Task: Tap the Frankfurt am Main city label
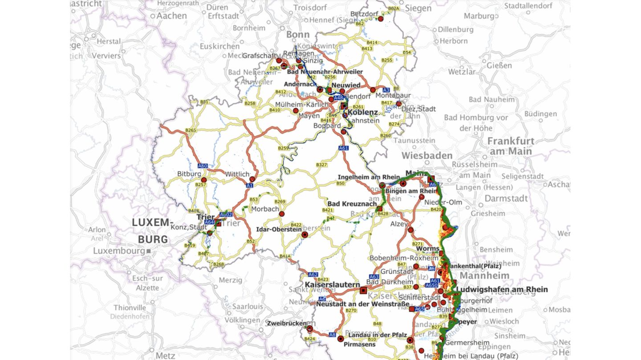[x=511, y=146]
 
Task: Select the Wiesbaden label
[x=427, y=156]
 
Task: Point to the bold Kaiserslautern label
[x=332, y=284]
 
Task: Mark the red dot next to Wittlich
[x=252, y=179]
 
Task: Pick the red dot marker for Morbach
[x=281, y=214]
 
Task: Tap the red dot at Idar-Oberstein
[x=304, y=235]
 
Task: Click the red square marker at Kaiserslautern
[x=363, y=291]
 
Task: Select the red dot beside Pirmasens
[x=341, y=339]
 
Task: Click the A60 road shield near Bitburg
[x=203, y=166]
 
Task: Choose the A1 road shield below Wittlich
[x=249, y=186]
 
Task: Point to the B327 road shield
[x=321, y=165]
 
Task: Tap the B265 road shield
[x=191, y=130]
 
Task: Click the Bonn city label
[x=298, y=35]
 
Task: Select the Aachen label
[x=171, y=16]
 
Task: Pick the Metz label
[x=165, y=355]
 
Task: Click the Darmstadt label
[x=506, y=198]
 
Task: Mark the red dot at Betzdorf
[x=381, y=19]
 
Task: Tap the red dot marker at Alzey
[x=410, y=230]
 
